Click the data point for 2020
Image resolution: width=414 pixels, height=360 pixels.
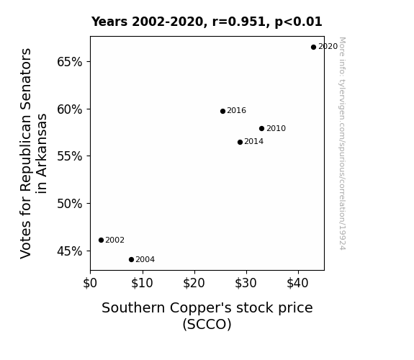pos(313,48)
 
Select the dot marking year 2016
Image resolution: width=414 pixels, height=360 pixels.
pos(223,111)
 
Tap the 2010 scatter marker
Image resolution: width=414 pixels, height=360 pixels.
pos(261,129)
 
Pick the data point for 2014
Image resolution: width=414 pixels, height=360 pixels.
pos(240,143)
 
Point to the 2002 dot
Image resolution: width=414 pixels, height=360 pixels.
pos(101,240)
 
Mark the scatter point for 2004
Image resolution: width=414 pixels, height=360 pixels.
pos(131,260)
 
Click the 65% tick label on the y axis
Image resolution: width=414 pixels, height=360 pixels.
pos(69,62)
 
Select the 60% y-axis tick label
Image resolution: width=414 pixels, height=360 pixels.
pos(69,109)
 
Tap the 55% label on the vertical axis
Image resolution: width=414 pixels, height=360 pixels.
pos(69,156)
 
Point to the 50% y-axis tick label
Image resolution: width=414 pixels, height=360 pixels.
pos(69,204)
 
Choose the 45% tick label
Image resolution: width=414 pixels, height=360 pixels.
pos(69,251)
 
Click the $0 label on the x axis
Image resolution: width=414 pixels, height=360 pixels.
pos(90,283)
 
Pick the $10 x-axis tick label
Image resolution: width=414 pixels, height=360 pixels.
pos(142,283)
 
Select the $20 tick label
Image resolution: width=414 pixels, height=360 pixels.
pos(194,283)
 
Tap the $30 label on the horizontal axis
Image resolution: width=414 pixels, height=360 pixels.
pos(246,283)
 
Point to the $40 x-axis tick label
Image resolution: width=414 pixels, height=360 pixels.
pos(297,283)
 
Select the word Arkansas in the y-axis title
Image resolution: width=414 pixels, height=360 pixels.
pos(42,153)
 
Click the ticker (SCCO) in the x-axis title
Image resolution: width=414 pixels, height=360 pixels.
pos(207,324)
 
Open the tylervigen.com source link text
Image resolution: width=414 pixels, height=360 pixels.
pos(342,143)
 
